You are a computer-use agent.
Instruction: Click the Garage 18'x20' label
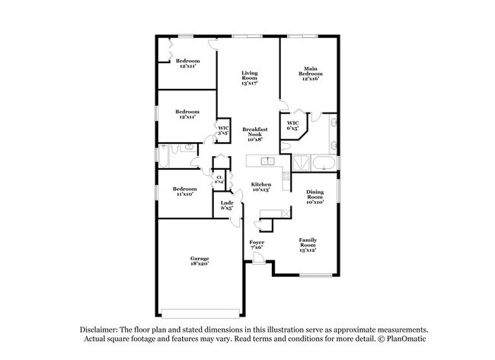point(200,261)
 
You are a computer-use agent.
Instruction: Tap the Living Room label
point(249,77)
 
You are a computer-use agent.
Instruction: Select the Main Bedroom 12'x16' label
point(309,72)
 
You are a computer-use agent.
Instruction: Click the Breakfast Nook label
point(257,134)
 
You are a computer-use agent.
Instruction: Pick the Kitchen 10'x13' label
point(261,187)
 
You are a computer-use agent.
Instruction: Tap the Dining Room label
point(315,197)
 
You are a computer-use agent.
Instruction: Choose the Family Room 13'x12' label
point(308,244)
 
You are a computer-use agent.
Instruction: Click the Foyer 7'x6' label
point(257,245)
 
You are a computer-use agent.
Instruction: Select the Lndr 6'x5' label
point(226,205)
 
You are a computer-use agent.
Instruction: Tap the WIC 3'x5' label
point(223,130)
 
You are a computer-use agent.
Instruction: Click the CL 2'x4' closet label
point(219,180)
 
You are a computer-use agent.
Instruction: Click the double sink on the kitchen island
point(267,161)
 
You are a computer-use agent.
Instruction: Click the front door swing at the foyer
point(260,259)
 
